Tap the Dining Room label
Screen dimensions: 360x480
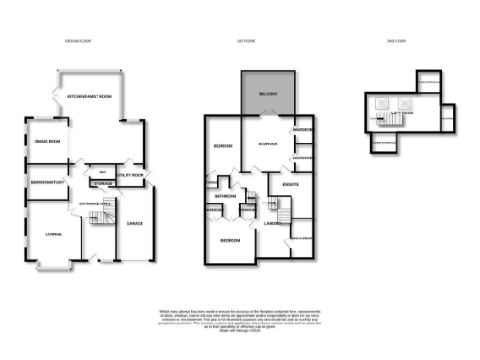pyautogui.click(x=48, y=141)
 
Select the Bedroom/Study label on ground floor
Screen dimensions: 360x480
pyautogui.click(x=46, y=181)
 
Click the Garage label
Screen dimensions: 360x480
pyautogui.click(x=135, y=222)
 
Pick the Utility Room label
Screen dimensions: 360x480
pyautogui.click(x=130, y=175)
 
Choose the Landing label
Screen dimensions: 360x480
pyautogui.click(x=274, y=223)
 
